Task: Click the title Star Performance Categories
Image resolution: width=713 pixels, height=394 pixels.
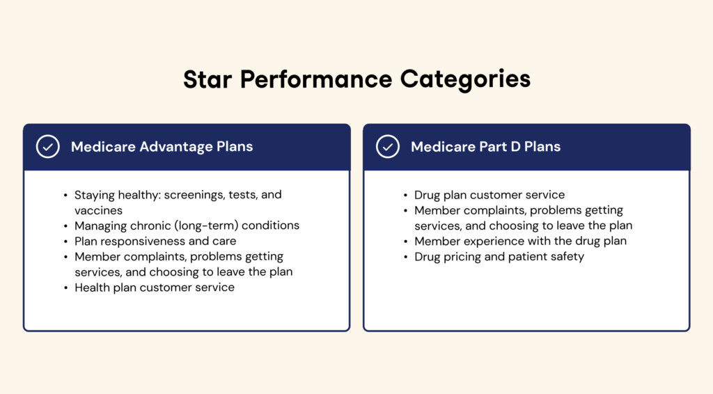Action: [x=356, y=79]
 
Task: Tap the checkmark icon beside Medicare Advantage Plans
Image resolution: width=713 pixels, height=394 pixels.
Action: [x=47, y=147]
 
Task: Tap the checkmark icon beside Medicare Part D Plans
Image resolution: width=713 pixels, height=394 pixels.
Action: [x=387, y=147]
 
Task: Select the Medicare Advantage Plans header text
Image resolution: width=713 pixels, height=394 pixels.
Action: [x=162, y=147]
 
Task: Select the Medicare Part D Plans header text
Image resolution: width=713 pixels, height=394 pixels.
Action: [x=485, y=147]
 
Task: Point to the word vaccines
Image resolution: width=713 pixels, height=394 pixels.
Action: [x=98, y=210]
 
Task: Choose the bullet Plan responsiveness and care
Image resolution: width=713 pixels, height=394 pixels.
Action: [x=155, y=241]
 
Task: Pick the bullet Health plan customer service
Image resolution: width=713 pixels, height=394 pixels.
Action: [x=155, y=287]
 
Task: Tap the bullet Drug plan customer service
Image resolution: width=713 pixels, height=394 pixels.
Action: [x=489, y=195]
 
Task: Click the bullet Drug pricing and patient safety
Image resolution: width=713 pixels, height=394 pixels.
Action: [x=499, y=256]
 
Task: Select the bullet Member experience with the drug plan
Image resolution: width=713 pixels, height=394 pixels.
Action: [x=520, y=241]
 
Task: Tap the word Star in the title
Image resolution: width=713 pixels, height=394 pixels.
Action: [x=207, y=79]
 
